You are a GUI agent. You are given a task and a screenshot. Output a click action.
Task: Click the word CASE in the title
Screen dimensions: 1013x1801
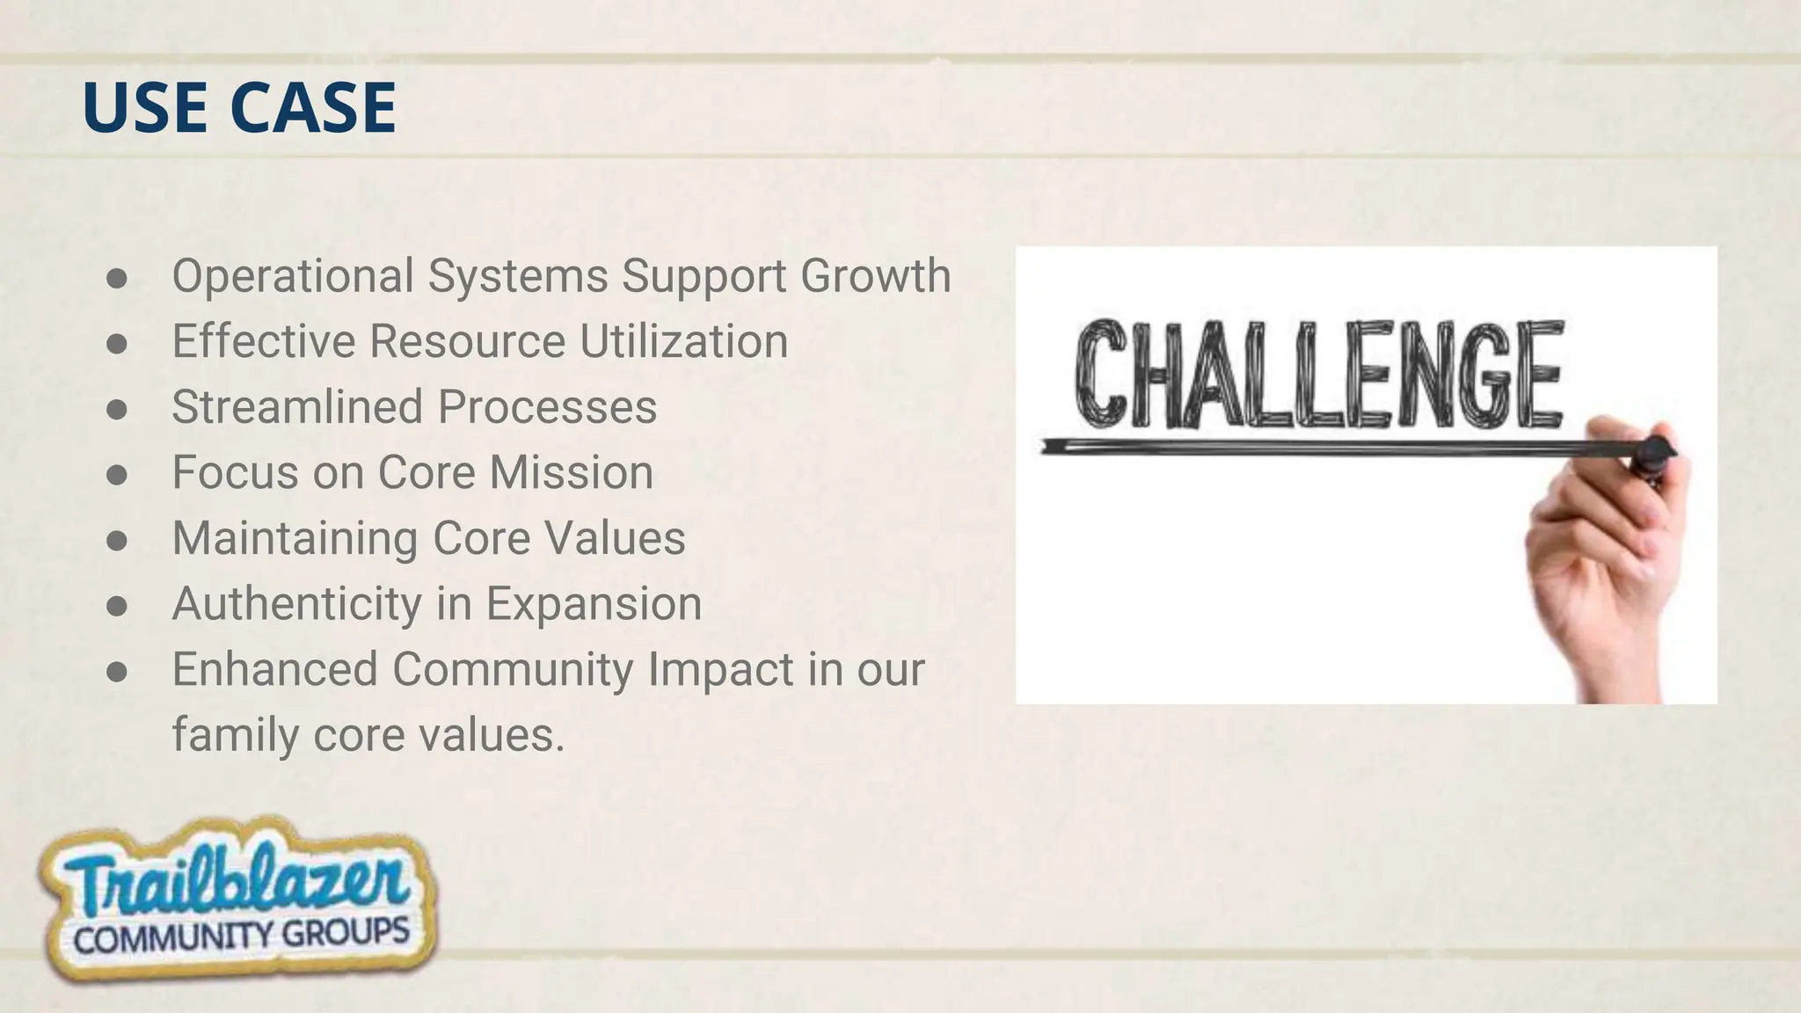(313, 107)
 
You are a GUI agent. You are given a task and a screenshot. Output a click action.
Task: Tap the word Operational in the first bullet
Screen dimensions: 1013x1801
(293, 275)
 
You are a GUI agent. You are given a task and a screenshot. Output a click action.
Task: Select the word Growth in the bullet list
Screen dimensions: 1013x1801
(875, 275)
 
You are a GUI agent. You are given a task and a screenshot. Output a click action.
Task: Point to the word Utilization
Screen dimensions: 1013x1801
(683, 341)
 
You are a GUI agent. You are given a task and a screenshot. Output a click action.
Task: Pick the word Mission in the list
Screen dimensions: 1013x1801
(572, 472)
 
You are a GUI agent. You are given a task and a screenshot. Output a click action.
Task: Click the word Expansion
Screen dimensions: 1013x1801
(594, 604)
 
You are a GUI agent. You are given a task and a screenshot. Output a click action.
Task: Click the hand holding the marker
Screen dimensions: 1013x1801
(1609, 563)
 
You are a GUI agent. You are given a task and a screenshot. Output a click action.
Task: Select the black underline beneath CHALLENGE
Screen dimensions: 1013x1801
(1319, 448)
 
